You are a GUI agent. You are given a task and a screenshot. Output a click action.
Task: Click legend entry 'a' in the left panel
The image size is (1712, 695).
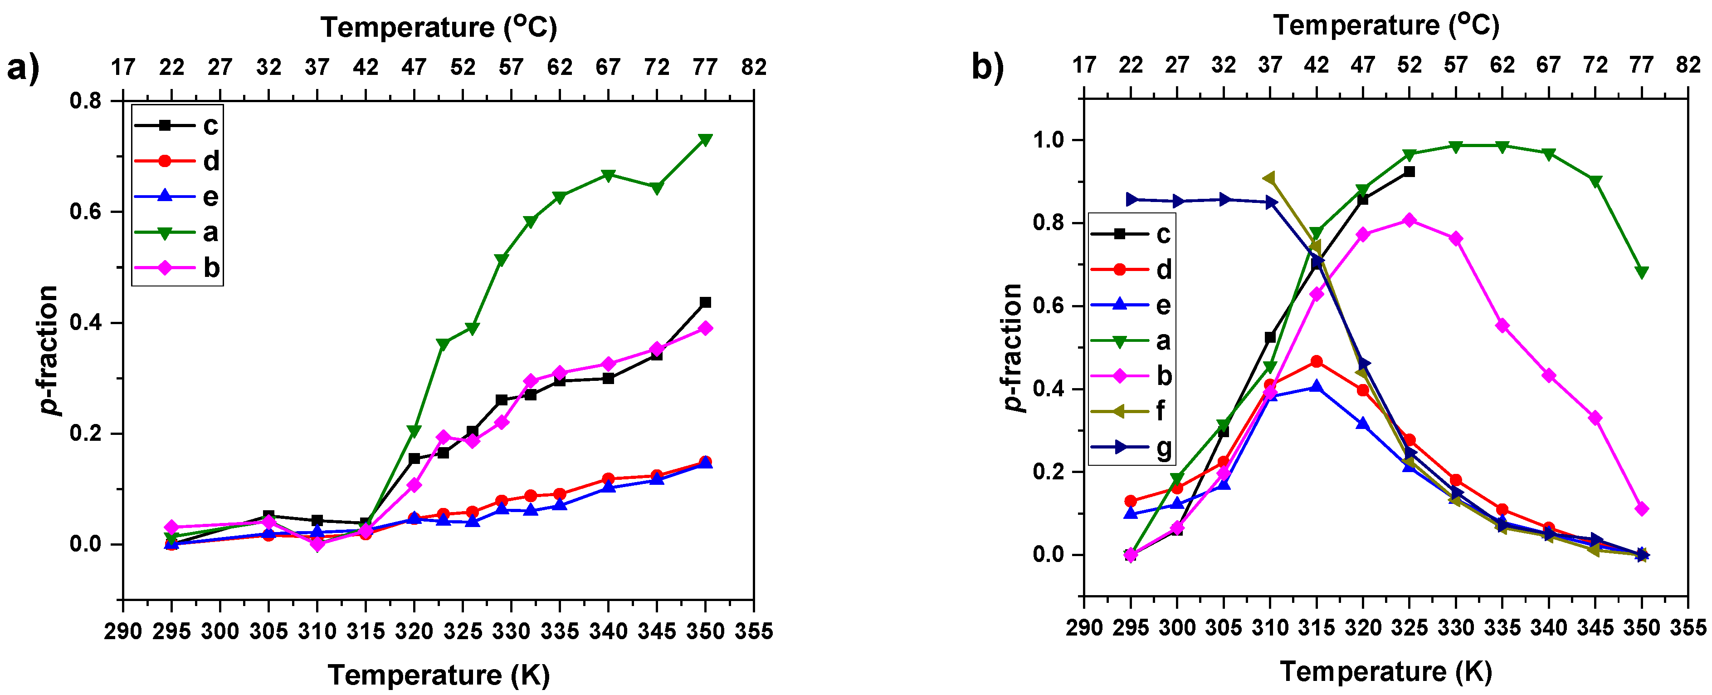pos(210,232)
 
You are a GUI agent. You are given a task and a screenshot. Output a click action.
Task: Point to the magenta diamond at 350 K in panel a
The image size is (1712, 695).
pos(705,328)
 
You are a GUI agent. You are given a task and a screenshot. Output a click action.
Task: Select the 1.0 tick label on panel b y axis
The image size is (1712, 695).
pos(1048,140)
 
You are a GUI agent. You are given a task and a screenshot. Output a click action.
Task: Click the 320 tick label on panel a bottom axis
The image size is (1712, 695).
pos(414,631)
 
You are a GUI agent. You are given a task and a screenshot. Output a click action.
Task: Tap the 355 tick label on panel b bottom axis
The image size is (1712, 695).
pos(1688,627)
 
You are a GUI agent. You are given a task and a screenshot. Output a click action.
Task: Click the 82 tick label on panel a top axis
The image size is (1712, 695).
pos(754,67)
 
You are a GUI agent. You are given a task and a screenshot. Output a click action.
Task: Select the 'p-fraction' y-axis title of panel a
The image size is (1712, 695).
pos(48,350)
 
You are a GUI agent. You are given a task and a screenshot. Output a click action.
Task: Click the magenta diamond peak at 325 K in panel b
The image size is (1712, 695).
pos(1409,220)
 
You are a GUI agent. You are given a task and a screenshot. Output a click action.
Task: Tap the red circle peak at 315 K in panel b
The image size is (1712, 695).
pos(1316,361)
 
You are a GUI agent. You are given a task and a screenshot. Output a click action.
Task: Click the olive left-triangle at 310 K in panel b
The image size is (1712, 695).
pos(1269,178)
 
